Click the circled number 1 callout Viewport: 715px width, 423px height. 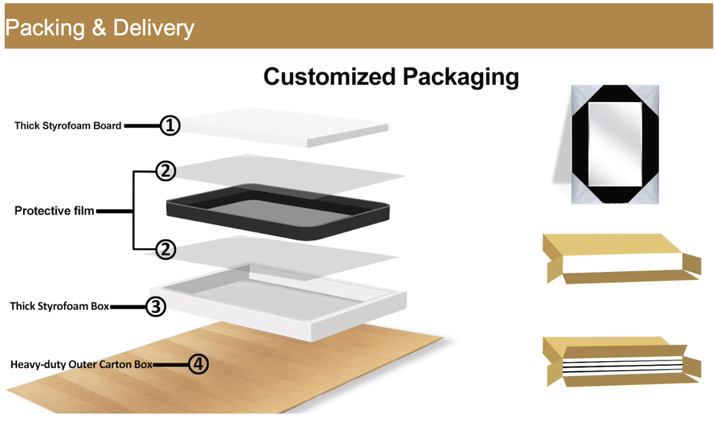point(171,126)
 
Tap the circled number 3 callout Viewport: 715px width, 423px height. point(155,306)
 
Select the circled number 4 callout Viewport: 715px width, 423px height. point(197,364)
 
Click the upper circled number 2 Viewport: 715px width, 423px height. point(165,171)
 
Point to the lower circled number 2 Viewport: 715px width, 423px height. point(165,249)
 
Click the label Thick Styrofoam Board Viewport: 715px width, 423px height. point(68,126)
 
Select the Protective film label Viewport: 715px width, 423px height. point(54,211)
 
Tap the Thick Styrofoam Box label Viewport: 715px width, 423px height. point(59,306)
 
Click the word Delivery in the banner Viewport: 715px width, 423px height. point(153,28)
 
